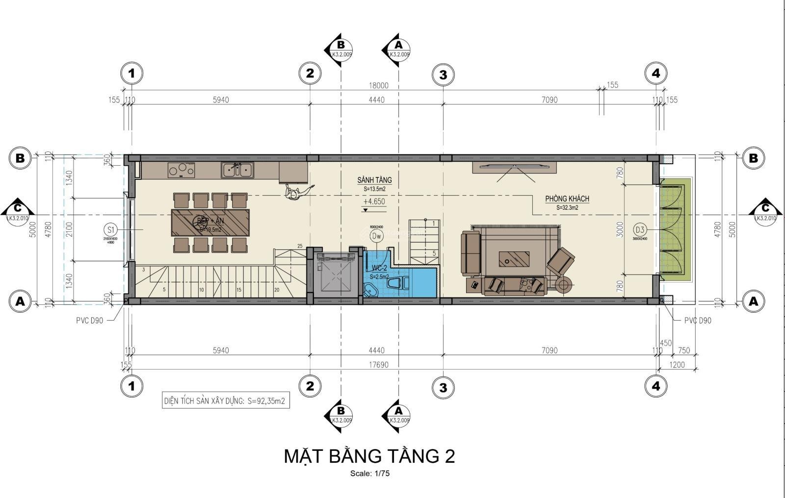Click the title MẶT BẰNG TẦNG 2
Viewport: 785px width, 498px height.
pos(369,456)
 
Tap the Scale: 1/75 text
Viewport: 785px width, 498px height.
pos(369,473)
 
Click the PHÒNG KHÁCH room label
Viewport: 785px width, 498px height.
pos(567,199)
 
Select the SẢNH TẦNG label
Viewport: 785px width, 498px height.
pos(374,180)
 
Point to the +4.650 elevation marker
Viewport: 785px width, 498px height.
pos(374,201)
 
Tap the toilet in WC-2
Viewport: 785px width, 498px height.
pos(396,284)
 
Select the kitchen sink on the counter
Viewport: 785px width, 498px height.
pos(237,170)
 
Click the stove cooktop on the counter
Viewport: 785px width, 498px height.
pos(181,170)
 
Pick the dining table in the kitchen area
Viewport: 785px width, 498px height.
pos(210,223)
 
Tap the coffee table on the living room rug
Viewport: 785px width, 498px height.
pos(514,258)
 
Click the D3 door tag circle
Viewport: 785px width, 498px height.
pos(639,229)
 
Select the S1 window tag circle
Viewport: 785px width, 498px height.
pos(110,229)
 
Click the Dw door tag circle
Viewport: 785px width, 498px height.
pos(376,236)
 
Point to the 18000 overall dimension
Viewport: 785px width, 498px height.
pos(378,85)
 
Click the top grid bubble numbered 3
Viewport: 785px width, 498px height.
pos(443,75)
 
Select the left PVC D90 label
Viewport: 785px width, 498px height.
pos(89,321)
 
